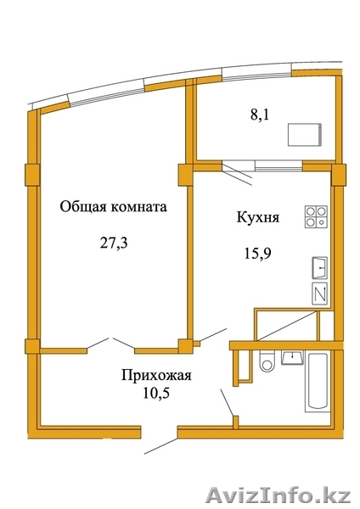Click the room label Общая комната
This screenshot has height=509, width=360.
pos(114,206)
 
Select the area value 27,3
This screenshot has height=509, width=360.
pos(114,243)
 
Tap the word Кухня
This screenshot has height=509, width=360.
pos(258,218)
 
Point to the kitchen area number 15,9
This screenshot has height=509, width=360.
pos(257,253)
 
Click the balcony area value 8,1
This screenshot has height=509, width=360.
pos(260,115)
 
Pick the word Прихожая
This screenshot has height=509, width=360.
pos(156,376)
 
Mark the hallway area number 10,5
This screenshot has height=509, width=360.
pos(156,393)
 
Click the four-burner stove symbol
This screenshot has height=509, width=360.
pos(316,217)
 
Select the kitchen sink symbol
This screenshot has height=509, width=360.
pos(320,268)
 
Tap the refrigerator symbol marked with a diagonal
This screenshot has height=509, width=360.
pos(320,294)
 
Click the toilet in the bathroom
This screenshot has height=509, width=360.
pos(267,362)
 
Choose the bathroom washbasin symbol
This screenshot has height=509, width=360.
pos(292,358)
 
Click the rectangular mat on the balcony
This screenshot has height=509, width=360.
pos(306,134)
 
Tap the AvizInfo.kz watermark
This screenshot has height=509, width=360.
pos(278,496)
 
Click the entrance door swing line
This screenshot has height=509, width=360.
pos(161,445)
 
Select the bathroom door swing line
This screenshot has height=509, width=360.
pos(228,402)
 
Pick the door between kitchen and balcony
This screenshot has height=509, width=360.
pos(238,173)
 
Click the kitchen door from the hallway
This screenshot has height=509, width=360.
pos(213,335)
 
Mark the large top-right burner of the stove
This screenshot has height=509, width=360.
pos(321,211)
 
